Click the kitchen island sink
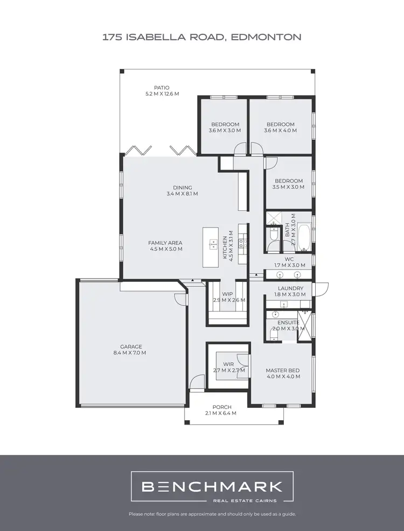click(212, 243)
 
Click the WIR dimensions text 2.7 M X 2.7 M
click(229, 371)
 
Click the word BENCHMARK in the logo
click(212, 487)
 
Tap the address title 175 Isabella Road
click(201, 37)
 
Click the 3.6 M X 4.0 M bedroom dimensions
click(281, 131)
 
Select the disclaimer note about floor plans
click(212, 514)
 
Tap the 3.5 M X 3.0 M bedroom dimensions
click(288, 188)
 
